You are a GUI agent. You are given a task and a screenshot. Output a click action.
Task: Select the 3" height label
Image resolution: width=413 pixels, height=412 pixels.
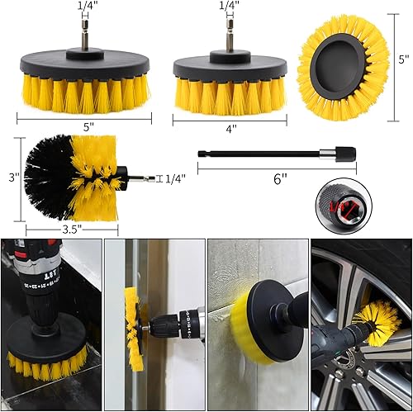pos(11,176)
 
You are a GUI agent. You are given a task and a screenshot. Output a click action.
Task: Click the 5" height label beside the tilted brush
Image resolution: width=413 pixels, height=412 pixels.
pos(403,59)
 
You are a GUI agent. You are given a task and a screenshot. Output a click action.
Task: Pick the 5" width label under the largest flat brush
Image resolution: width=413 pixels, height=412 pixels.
pos(88,128)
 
